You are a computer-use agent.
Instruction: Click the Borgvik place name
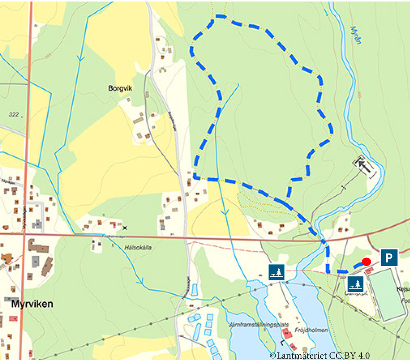tap(120, 88)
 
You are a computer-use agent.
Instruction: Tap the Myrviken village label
tap(32, 304)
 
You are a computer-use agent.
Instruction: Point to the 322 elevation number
tap(14, 114)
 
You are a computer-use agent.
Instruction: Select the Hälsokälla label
tap(138, 247)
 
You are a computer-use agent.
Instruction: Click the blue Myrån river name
tap(356, 34)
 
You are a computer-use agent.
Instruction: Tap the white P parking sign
tap(389, 257)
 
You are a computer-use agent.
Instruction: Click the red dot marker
tap(366, 262)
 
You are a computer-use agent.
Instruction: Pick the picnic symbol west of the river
tap(276, 272)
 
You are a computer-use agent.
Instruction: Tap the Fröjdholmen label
tap(311, 330)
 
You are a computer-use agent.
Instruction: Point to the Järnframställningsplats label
tap(260, 324)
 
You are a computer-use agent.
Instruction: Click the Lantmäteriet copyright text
tap(320, 356)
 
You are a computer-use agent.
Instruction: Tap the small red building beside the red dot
tap(369, 271)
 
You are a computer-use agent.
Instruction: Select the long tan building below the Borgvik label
tap(138, 120)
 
